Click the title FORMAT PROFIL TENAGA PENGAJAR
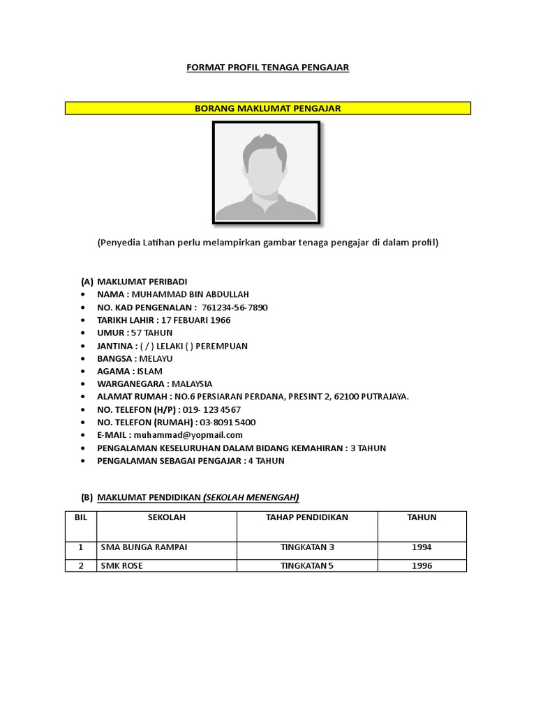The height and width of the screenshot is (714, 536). click(x=267, y=68)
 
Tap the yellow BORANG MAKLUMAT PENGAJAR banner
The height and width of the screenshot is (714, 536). click(x=267, y=108)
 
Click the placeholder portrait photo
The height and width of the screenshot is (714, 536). click(x=266, y=173)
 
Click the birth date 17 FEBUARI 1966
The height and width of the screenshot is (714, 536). click(x=195, y=320)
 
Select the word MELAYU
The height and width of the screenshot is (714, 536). click(x=156, y=358)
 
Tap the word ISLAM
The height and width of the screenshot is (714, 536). click(x=149, y=371)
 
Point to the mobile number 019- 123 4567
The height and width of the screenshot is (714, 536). click(x=212, y=409)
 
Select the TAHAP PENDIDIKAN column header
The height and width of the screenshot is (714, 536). click(x=307, y=517)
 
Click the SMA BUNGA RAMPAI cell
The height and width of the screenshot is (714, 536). click(x=144, y=547)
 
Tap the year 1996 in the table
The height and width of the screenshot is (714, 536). click(x=422, y=565)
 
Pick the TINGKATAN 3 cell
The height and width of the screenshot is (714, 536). click(x=307, y=547)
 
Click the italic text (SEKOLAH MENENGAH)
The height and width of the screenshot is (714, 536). click(x=251, y=497)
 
